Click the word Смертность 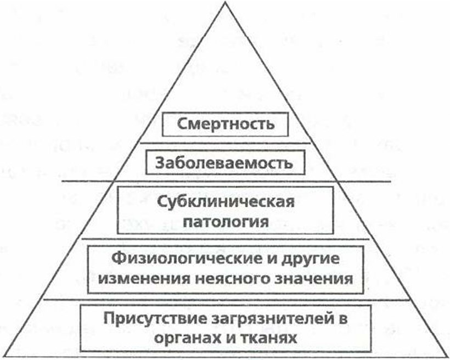click(226, 124)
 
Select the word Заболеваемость click(224, 164)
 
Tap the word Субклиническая click(226, 202)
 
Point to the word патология click(226, 222)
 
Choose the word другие click(311, 260)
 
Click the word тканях click(269, 338)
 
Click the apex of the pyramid click(226, 2)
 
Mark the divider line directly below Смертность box click(226, 143)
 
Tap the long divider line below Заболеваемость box click(227, 181)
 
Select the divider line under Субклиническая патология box click(226, 239)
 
